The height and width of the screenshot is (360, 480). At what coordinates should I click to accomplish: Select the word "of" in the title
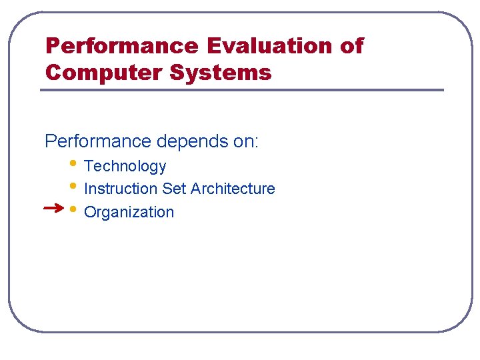[x=352, y=46]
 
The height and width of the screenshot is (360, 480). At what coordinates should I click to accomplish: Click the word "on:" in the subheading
[x=244, y=141]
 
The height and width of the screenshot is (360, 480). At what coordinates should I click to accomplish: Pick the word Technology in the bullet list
[x=125, y=166]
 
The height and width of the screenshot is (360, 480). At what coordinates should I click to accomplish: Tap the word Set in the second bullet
[x=174, y=189]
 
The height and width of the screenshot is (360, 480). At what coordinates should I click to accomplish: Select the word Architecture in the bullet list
[x=233, y=189]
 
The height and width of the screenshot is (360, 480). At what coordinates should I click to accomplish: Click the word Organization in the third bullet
[x=129, y=212]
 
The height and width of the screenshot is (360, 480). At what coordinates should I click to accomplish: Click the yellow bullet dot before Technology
[x=73, y=162]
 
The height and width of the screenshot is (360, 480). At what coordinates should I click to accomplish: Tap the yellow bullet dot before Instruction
[x=73, y=185]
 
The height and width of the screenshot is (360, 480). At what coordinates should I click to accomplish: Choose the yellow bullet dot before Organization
[x=73, y=208]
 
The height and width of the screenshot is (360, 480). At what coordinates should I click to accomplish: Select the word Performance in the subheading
[x=98, y=141]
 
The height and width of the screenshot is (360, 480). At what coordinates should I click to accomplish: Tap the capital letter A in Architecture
[x=196, y=189]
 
